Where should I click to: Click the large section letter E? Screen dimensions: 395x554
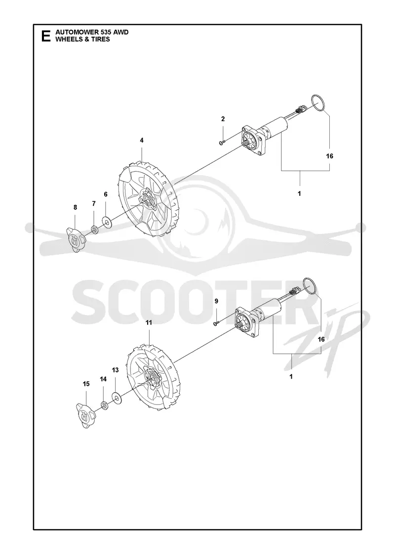click(x=46, y=36)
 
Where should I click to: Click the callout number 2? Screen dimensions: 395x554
click(x=223, y=119)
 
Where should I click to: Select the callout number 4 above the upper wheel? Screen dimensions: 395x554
click(x=142, y=140)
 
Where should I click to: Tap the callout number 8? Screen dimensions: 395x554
click(x=75, y=207)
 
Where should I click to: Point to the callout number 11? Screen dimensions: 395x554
click(x=149, y=323)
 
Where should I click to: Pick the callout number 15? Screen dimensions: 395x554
click(x=86, y=384)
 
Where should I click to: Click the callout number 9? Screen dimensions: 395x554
click(x=217, y=301)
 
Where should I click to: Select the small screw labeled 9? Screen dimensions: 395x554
click(x=216, y=323)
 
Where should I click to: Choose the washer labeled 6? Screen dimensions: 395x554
click(x=106, y=222)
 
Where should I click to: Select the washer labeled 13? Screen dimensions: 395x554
click(x=116, y=398)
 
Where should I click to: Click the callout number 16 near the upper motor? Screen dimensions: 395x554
click(x=330, y=156)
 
